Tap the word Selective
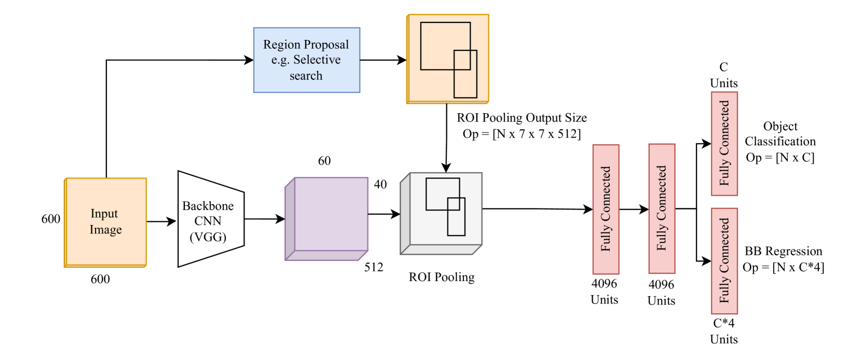[317, 60]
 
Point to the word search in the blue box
[306, 76]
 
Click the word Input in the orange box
[104, 214]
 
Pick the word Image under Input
[105, 230]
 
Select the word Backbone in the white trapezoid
[208, 206]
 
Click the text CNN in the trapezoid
[208, 221]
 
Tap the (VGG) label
[208, 238]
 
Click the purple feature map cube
[331, 214]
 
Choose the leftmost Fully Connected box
[606, 209]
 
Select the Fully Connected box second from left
[662, 209]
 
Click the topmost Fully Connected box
[724, 144]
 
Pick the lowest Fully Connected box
[724, 261]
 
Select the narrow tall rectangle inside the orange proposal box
[466, 86]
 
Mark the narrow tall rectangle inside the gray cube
[456, 226]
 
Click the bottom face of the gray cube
[441, 250]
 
